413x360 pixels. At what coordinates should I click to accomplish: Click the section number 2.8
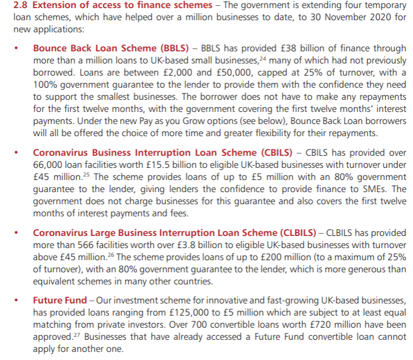coord(13,6)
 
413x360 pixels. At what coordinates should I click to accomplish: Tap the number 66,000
coord(48,164)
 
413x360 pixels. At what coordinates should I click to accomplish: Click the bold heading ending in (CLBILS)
coord(174,233)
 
